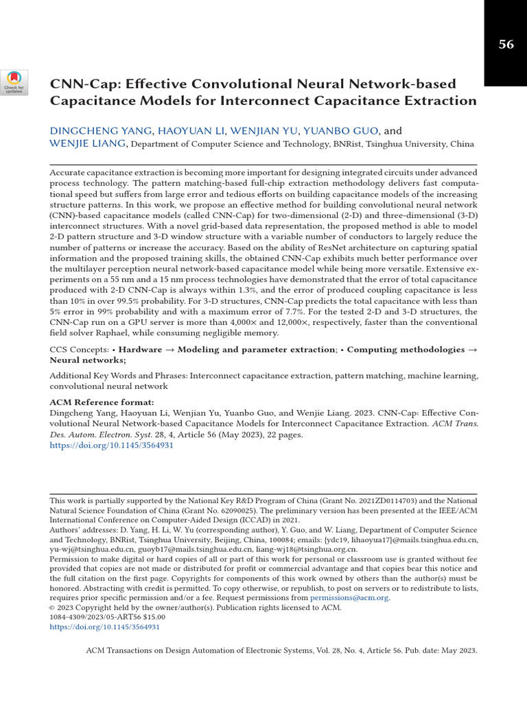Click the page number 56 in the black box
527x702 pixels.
(x=506, y=45)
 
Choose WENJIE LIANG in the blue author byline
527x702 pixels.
(x=88, y=144)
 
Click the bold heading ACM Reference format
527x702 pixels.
(x=102, y=402)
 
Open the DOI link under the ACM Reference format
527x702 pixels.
(x=112, y=445)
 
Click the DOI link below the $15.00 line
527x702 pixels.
(x=104, y=627)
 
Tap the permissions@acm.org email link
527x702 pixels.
(x=350, y=598)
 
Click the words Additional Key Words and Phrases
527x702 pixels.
(x=118, y=376)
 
